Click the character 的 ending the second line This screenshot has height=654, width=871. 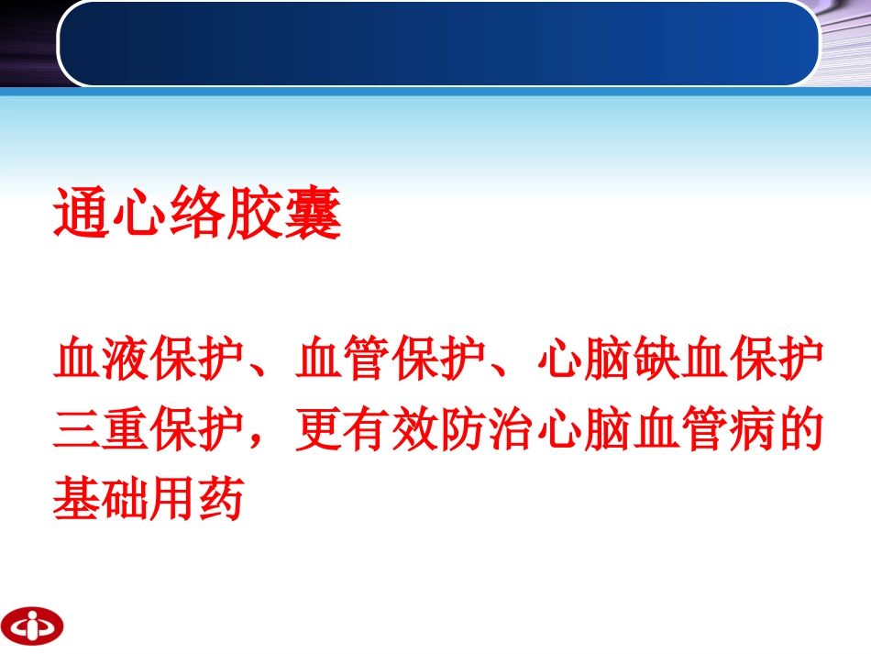(799, 430)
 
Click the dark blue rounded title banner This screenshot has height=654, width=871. (438, 43)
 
